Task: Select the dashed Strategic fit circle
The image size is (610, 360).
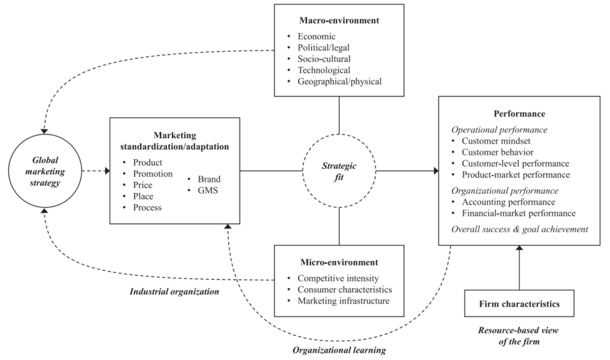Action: tap(339, 170)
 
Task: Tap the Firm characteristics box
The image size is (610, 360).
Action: tap(518, 305)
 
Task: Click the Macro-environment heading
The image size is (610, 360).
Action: tap(339, 21)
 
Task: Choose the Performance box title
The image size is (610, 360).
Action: tap(518, 115)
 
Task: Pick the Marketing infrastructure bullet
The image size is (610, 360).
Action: tap(343, 301)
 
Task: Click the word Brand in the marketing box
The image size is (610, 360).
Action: tap(208, 179)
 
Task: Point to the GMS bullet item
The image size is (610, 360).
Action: tap(206, 191)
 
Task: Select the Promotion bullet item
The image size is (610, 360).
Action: tap(152, 174)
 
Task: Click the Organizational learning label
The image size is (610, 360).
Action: tap(339, 350)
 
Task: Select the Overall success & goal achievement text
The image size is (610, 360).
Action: tap(518, 230)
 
